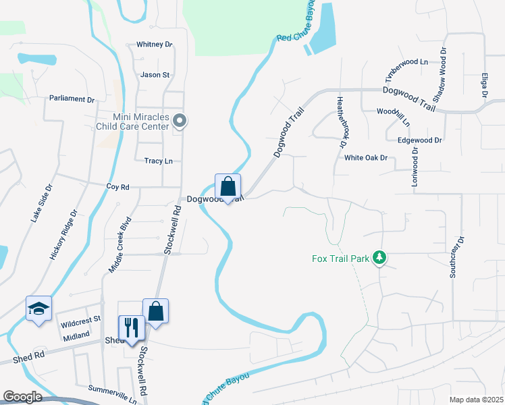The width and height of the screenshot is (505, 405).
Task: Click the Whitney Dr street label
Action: (x=155, y=45)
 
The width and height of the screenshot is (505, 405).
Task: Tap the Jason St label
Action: (x=155, y=75)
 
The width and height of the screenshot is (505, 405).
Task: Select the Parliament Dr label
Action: (x=72, y=99)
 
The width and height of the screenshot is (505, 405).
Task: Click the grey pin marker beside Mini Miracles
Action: (x=180, y=122)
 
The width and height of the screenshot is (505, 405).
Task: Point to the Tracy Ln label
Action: (x=159, y=161)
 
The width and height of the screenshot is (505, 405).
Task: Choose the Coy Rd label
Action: (x=117, y=186)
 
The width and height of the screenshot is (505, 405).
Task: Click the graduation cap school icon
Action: (x=38, y=308)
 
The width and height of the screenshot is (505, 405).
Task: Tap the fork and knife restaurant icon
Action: (x=131, y=327)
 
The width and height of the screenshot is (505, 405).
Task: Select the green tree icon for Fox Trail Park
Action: (x=380, y=257)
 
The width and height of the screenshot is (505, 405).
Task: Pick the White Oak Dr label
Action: (x=366, y=158)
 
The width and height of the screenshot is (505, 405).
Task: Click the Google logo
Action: (x=22, y=397)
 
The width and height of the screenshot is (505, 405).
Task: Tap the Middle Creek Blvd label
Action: (x=119, y=245)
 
